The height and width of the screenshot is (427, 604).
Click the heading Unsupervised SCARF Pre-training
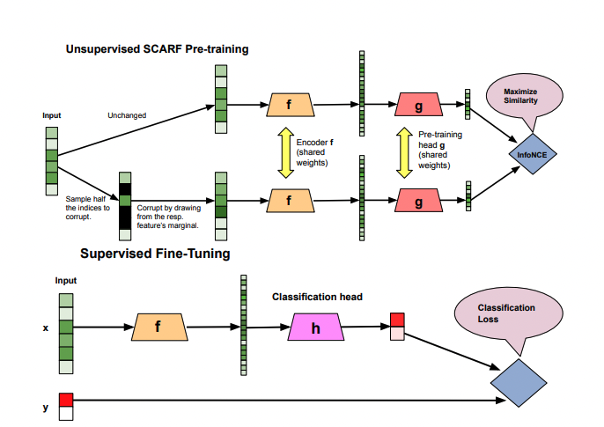[x=156, y=49]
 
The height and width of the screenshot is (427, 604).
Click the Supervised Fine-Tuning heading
[x=155, y=254]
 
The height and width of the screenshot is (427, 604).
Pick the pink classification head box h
[x=315, y=328]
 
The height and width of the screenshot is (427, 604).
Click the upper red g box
[x=418, y=105]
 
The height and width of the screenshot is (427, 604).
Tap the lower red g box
[x=418, y=202]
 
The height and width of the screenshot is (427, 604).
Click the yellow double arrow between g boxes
[x=406, y=152]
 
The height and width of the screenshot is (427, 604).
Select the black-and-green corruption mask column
[x=124, y=208]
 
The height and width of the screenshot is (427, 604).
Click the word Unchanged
[x=126, y=115]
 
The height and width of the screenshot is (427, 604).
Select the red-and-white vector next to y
[x=65, y=406]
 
